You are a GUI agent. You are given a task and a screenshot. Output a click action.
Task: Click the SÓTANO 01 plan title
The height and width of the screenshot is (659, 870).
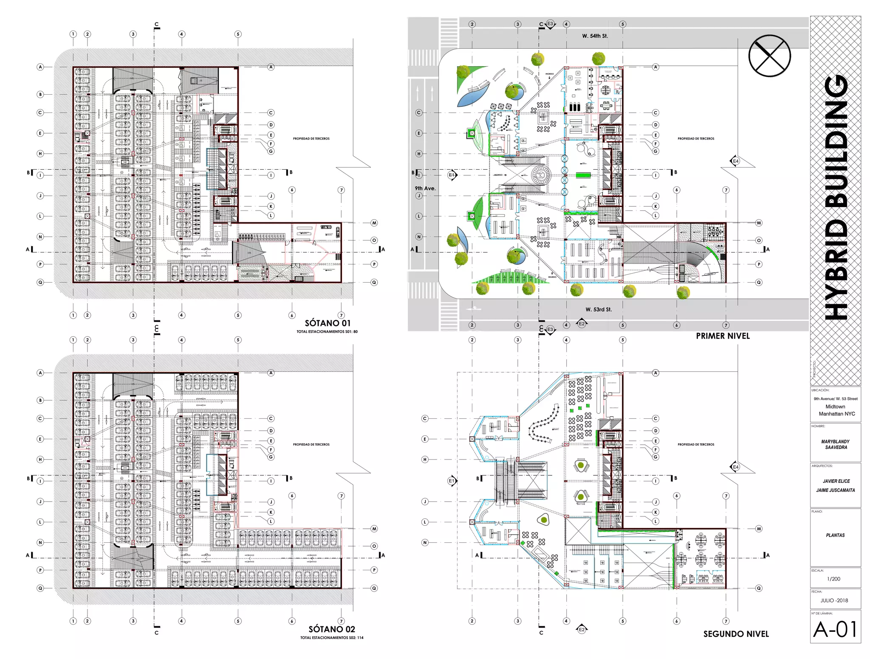pos(328,323)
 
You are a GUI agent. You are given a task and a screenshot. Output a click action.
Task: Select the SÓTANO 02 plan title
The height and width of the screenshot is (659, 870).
pos(331,629)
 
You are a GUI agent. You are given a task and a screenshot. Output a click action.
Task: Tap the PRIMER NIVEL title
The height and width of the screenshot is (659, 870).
pos(723,336)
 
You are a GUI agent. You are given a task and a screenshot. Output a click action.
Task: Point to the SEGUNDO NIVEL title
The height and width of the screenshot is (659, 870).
pos(736,634)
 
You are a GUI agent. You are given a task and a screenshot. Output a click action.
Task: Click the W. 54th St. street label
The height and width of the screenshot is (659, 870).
pos(595,36)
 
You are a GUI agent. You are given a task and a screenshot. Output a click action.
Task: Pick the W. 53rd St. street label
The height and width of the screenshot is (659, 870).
pos(599,309)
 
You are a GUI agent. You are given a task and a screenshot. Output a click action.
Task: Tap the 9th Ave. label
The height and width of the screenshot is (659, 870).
pos(425,188)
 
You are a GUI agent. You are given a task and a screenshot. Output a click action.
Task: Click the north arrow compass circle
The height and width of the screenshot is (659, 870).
pos(769,56)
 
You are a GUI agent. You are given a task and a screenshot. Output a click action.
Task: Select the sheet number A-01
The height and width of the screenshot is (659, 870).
pos(835,629)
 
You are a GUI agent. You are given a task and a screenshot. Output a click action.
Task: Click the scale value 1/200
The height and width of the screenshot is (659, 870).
pos(833,579)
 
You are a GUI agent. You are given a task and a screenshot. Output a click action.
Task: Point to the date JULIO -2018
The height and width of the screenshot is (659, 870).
pos(834,600)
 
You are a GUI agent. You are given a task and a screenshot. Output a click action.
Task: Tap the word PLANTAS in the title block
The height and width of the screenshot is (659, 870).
pos(835,536)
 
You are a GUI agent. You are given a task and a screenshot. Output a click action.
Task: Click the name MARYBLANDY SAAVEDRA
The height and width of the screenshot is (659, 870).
pos(835,444)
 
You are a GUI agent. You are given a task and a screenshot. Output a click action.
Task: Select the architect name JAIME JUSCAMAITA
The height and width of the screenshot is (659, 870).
pos(835,490)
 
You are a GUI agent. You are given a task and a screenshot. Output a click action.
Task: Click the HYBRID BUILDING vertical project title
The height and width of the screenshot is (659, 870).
pos(836,197)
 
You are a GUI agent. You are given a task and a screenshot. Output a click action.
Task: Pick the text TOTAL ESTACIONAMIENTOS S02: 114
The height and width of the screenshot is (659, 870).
pos(332,638)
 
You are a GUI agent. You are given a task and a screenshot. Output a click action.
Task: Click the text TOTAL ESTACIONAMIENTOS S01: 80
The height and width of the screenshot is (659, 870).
pos(327,332)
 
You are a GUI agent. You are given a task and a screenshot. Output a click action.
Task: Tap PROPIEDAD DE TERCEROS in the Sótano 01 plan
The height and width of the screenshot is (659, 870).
pos(311,139)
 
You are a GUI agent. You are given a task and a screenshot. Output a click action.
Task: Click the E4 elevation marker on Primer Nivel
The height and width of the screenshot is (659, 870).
pos(736,161)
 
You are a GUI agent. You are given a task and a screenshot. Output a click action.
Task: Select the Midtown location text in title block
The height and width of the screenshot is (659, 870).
pos(835,407)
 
